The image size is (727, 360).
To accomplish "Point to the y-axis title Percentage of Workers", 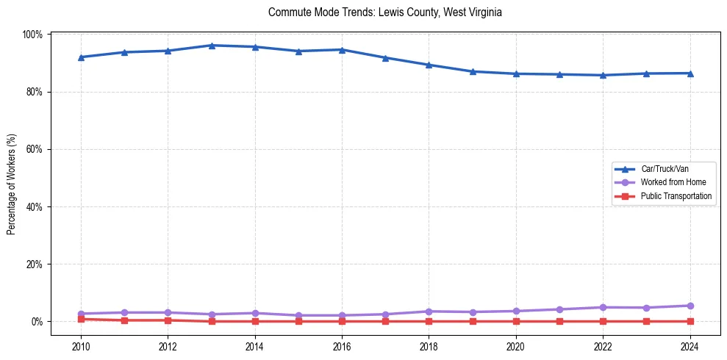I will pos(12,184).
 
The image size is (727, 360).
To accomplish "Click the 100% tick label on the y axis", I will pos(33,35).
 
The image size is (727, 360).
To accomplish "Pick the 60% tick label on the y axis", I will pos(35,149).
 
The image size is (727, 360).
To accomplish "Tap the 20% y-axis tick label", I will pos(35,264).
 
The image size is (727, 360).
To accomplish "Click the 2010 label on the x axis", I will pos(81,348).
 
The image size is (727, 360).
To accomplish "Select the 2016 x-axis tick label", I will pos(342,348).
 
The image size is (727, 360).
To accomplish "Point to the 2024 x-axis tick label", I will pos(690,348).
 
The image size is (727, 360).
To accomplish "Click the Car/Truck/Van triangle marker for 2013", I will pos(212,46).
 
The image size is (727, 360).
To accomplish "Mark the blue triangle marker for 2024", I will pos(690,73).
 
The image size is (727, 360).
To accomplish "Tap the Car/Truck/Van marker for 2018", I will pos(429,65).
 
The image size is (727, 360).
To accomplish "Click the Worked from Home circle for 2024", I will pos(690,306).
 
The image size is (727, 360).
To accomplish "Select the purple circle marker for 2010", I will pos(81,314).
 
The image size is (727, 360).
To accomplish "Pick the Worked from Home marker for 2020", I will pos(516,311).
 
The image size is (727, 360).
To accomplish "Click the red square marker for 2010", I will pos(81,319).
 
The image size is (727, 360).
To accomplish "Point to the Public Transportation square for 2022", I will pos(603,321).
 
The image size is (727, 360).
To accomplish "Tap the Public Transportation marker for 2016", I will pos(342,321).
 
